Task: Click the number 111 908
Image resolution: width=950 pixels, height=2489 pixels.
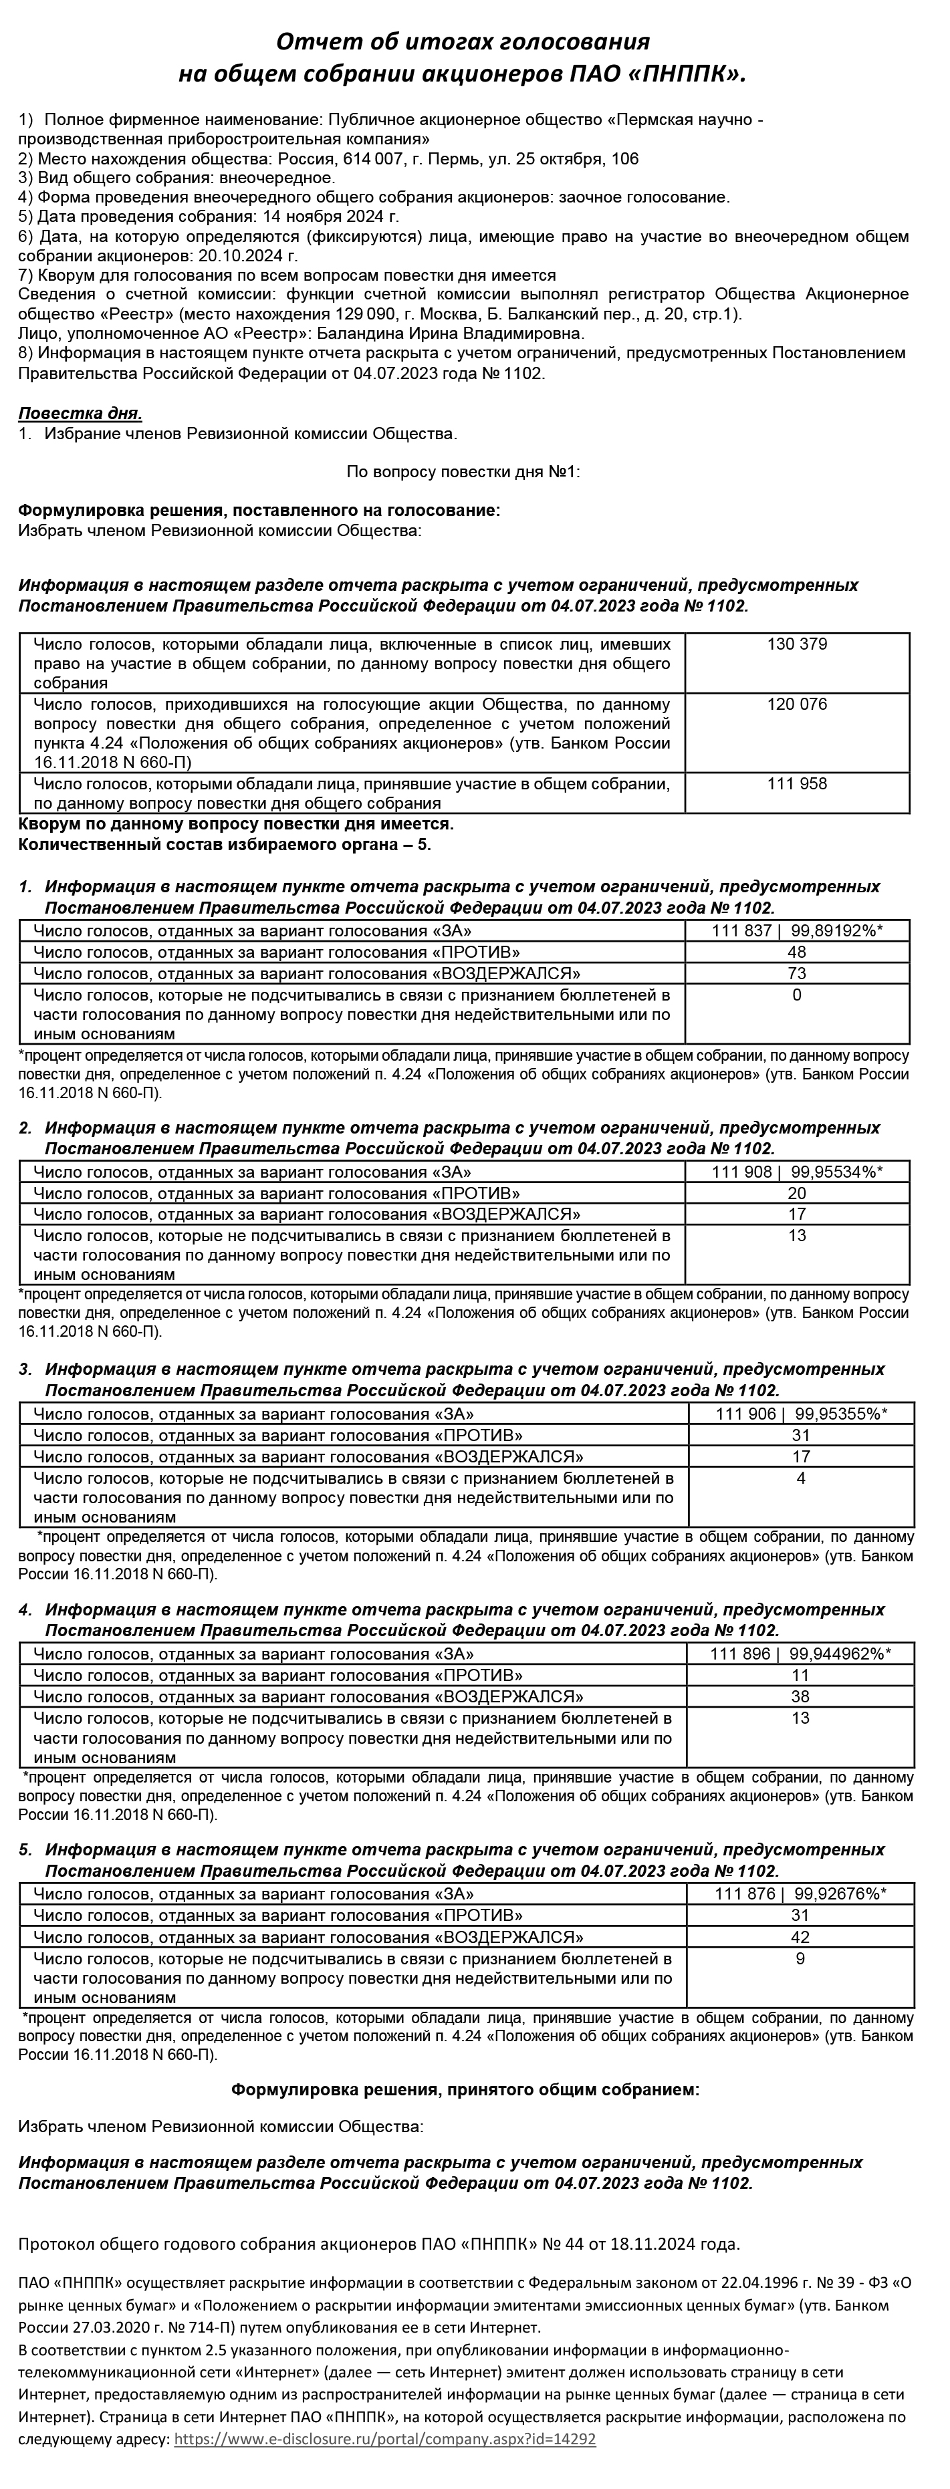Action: [x=742, y=1172]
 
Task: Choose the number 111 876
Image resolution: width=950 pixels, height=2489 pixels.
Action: [x=745, y=1893]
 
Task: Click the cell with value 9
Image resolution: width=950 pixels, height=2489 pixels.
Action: [x=800, y=1958]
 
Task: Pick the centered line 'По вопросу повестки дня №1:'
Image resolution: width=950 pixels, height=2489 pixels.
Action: [x=463, y=471]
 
